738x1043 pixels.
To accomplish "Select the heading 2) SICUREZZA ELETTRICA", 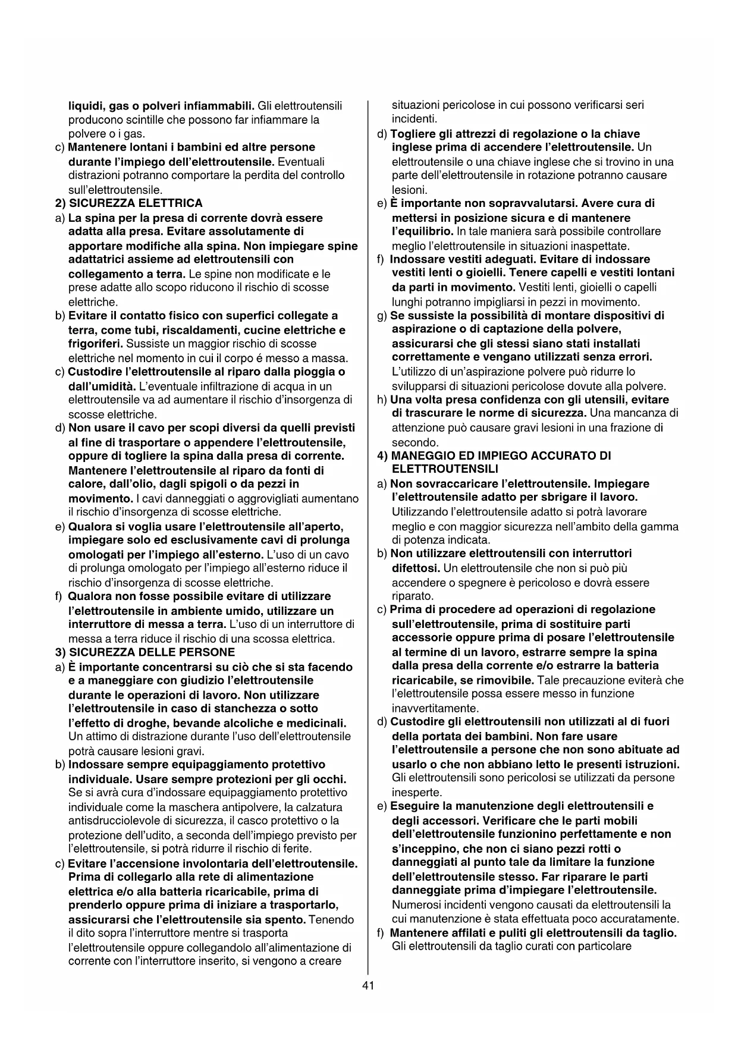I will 128,203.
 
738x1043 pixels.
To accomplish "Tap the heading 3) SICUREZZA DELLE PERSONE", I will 145,652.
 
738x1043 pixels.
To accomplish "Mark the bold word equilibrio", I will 422,231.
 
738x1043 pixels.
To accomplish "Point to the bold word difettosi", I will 415,568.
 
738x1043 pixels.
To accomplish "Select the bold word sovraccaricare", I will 456,484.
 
